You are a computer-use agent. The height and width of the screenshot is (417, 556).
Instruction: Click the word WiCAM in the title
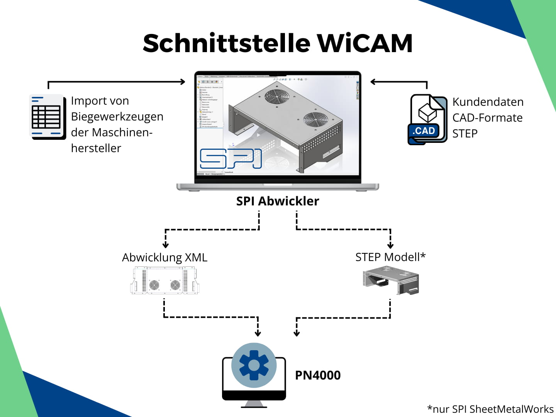click(x=365, y=43)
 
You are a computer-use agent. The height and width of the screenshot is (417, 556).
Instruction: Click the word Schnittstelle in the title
click(x=227, y=43)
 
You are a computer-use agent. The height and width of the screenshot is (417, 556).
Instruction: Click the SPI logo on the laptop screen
click(x=231, y=159)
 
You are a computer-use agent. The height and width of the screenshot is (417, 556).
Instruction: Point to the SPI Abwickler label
click(x=278, y=201)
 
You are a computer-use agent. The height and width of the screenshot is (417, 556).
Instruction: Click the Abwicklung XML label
click(x=165, y=258)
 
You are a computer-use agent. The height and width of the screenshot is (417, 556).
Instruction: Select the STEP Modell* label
click(x=390, y=257)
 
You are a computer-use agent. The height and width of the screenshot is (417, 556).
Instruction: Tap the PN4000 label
click(x=318, y=375)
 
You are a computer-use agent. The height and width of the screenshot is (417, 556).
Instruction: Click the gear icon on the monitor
click(x=254, y=365)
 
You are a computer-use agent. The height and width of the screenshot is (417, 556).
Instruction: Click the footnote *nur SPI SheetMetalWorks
click(x=490, y=409)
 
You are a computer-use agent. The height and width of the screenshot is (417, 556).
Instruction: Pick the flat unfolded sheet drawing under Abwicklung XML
click(x=165, y=281)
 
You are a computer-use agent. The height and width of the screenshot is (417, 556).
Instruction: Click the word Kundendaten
click(x=488, y=102)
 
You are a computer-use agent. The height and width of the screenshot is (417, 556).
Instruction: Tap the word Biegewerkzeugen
click(x=117, y=117)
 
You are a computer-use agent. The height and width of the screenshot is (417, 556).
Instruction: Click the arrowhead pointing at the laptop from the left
click(x=182, y=81)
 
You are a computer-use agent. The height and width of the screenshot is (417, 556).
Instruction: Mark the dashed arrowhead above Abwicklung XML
click(x=166, y=245)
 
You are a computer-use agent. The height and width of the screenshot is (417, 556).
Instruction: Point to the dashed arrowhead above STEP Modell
click(x=390, y=246)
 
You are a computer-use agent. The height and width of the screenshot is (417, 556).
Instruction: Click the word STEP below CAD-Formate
click(x=465, y=134)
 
